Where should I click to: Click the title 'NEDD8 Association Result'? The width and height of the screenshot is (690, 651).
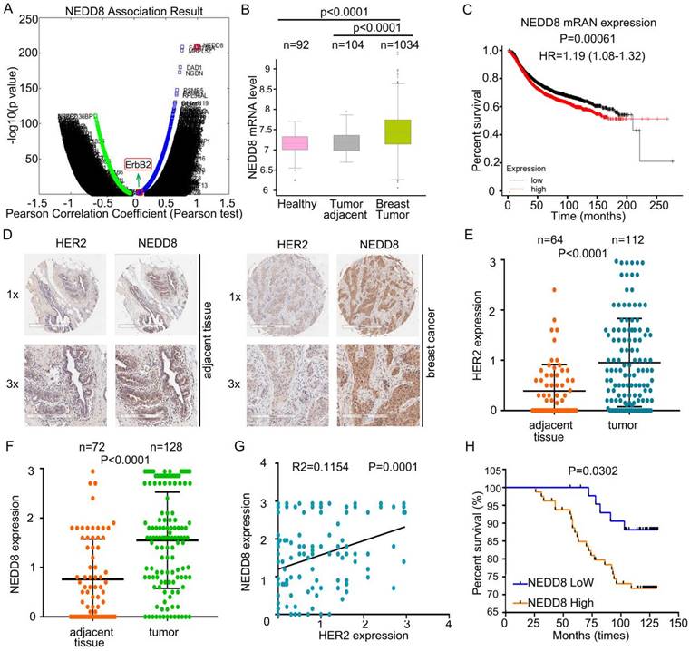121,11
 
